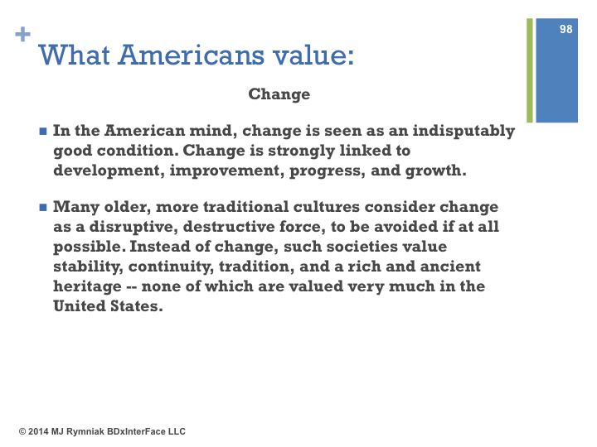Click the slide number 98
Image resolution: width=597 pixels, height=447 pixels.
(565, 29)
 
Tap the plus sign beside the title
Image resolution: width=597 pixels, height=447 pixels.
(23, 34)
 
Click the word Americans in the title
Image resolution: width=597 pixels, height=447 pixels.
(191, 55)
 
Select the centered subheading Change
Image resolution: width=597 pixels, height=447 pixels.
(279, 94)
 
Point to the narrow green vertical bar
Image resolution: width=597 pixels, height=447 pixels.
(530, 70)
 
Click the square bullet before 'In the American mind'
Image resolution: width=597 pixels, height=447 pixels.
(43, 132)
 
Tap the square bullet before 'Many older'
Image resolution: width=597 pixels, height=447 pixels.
(43, 208)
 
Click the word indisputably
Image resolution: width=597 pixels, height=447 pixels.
(464, 131)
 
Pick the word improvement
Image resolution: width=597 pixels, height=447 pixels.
(227, 171)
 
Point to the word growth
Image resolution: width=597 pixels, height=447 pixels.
(435, 171)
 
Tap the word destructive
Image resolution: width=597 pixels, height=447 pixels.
(231, 227)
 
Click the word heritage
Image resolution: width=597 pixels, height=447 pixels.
(87, 286)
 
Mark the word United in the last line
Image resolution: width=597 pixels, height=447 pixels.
(80, 306)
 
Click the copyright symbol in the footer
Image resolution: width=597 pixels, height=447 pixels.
(22, 431)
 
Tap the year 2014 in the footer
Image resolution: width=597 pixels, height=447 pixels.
(38, 431)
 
